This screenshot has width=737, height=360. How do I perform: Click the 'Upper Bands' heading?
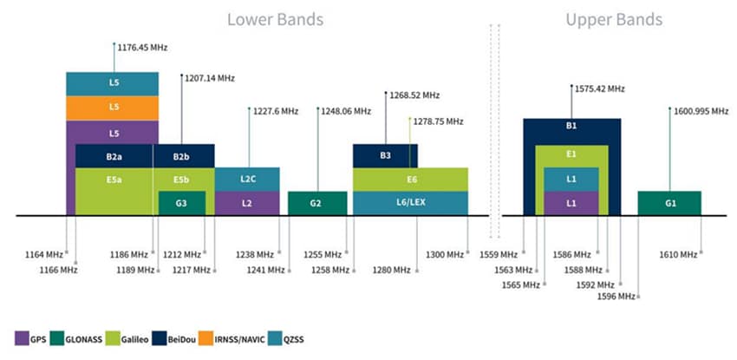(x=613, y=19)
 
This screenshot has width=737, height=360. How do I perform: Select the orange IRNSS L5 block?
(x=113, y=108)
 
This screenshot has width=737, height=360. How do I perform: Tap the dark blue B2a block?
(x=114, y=156)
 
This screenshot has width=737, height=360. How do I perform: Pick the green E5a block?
(x=114, y=180)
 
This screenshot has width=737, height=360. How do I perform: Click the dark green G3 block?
(x=182, y=203)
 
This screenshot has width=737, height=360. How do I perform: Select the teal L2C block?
(x=247, y=180)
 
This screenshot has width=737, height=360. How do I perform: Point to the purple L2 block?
(x=247, y=203)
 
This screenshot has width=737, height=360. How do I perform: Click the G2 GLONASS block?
(x=316, y=203)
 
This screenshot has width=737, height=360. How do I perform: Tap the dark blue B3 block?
(x=385, y=156)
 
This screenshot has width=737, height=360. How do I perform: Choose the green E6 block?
(x=410, y=180)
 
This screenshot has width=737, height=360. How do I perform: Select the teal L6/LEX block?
(x=410, y=203)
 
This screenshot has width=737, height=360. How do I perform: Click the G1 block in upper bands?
(x=669, y=203)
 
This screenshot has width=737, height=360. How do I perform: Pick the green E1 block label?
(x=571, y=154)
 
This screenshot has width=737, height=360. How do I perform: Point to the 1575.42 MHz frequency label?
(x=599, y=88)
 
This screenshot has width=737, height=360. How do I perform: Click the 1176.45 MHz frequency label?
(x=142, y=46)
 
